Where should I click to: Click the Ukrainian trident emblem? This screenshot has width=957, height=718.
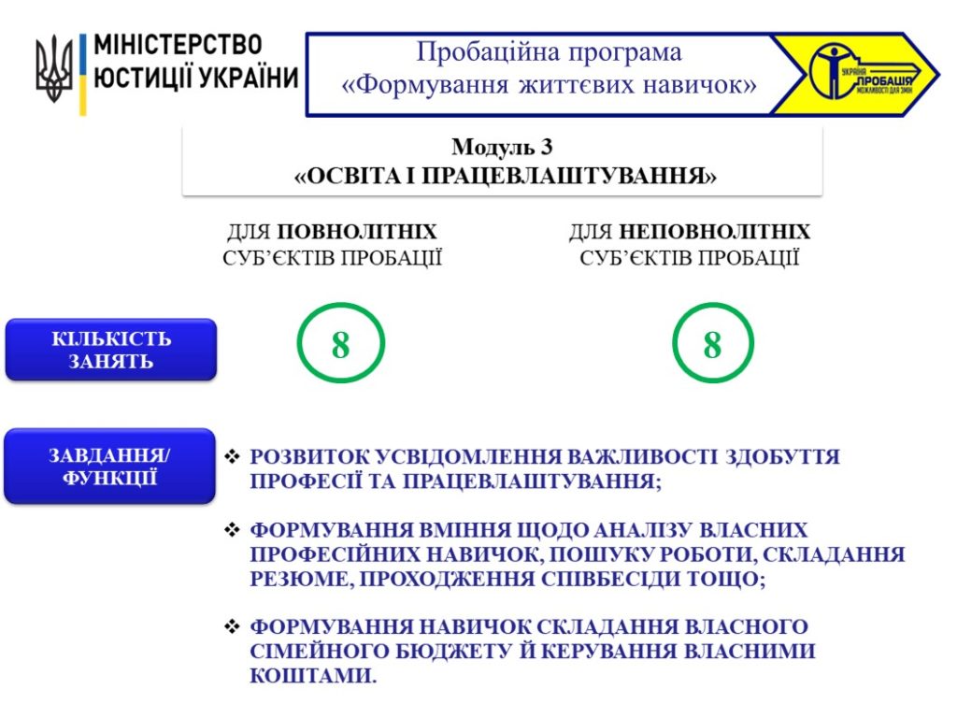point(53,67)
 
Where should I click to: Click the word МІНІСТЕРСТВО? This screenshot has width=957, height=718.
point(179,45)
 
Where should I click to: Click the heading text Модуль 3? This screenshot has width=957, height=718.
point(502,147)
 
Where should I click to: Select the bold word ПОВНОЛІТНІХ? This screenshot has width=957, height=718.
point(357,232)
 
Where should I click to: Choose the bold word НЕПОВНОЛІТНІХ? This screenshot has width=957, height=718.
point(715,232)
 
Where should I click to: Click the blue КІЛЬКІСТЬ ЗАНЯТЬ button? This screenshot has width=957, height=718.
point(111,350)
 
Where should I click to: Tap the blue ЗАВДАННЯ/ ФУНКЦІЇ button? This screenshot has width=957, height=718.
point(110,466)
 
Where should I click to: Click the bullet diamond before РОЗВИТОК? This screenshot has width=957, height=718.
point(232,456)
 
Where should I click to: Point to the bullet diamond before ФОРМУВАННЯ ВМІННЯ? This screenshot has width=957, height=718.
point(232,529)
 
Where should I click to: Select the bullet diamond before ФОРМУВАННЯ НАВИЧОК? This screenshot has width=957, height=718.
point(232,625)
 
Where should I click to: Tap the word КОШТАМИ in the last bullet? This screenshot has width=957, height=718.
point(312,675)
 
